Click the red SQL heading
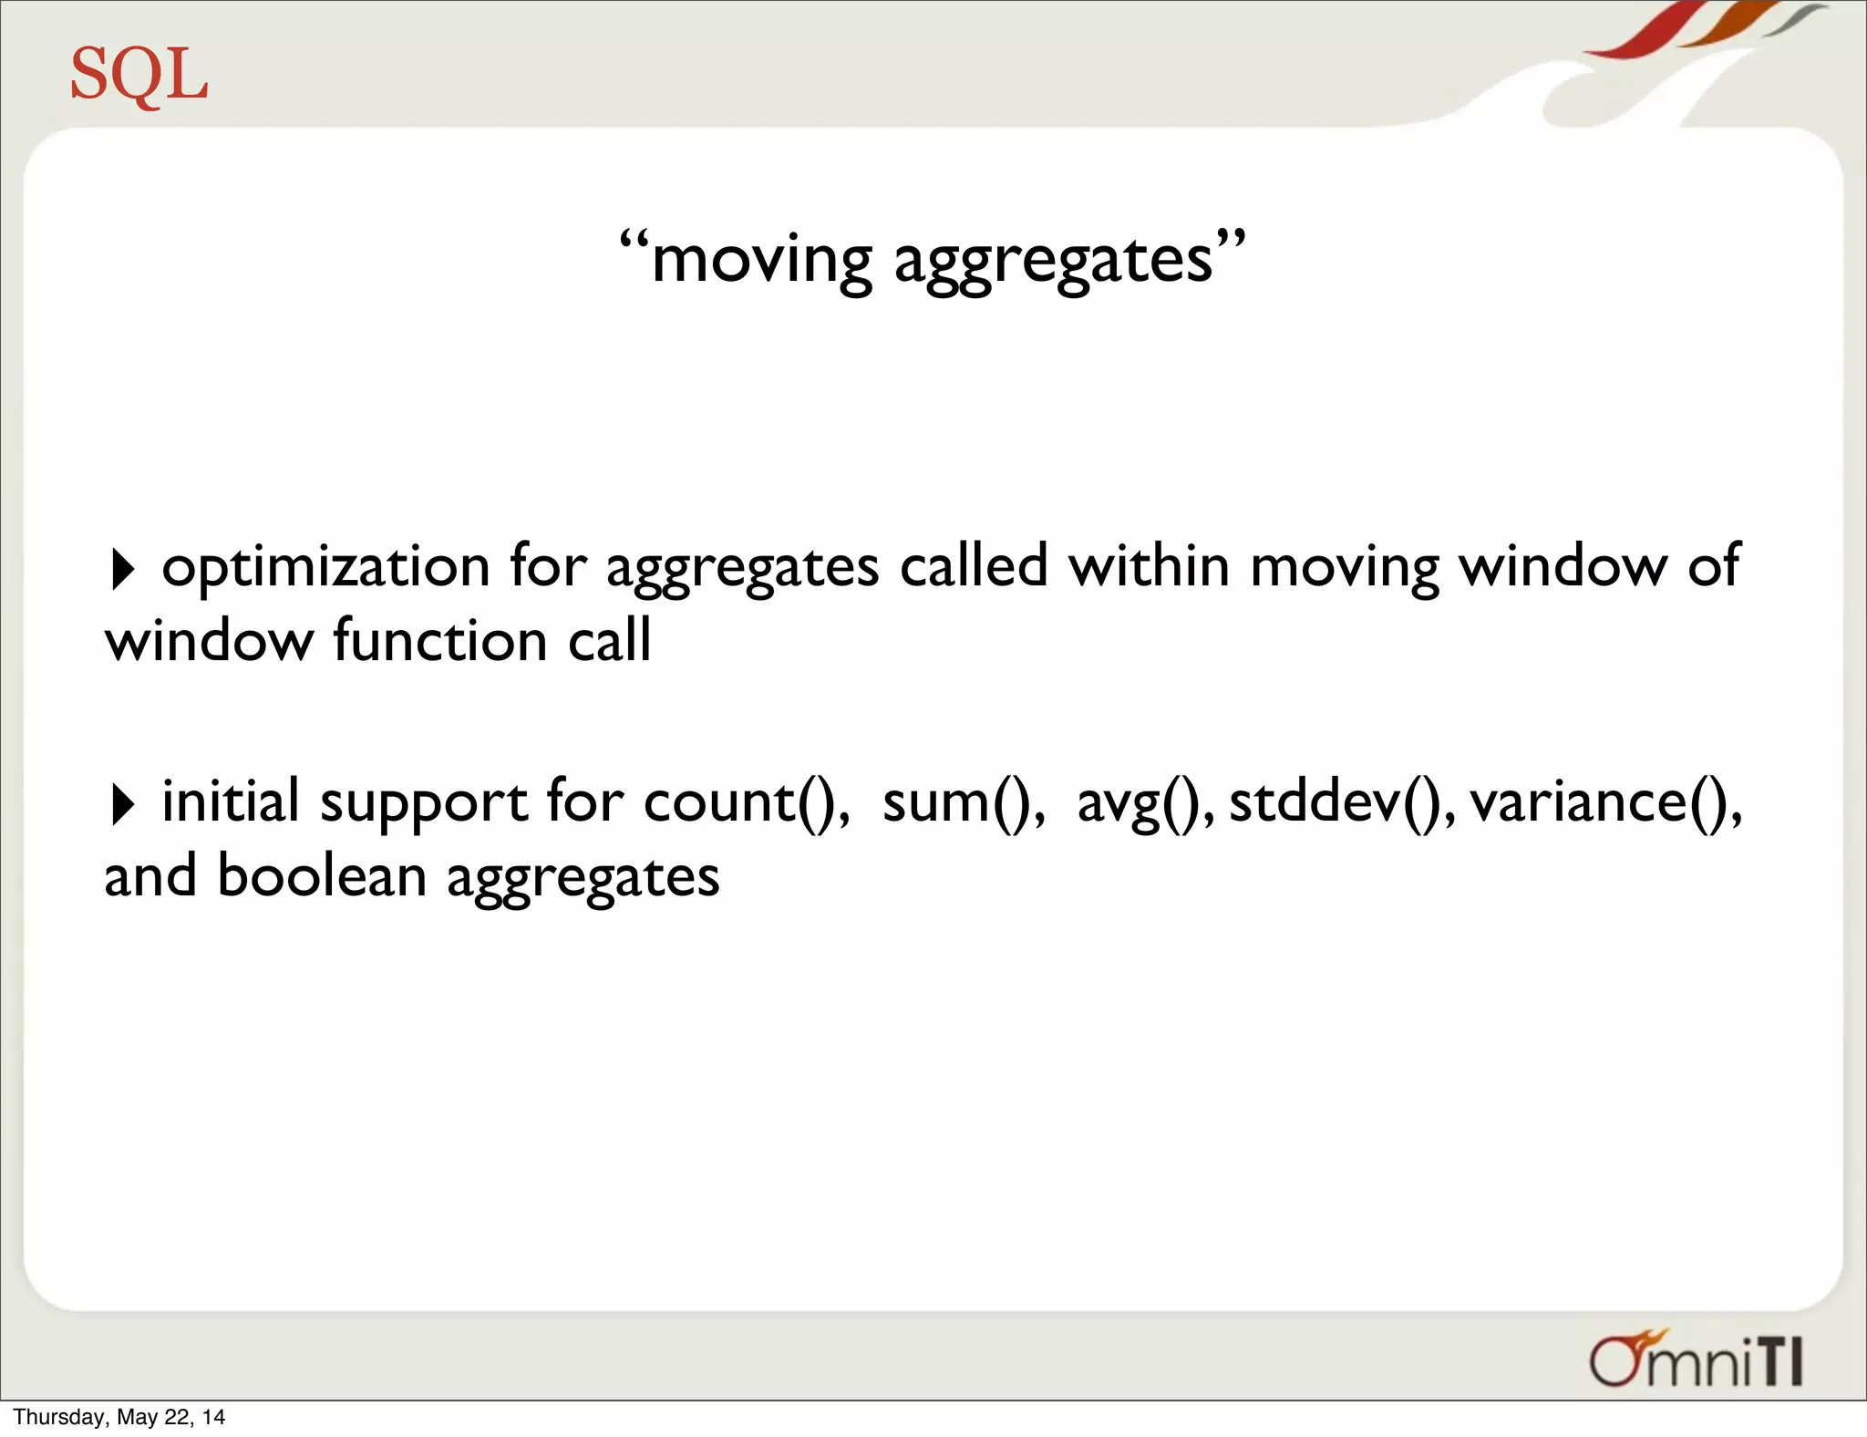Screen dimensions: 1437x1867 139,75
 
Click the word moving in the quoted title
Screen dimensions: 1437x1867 761,261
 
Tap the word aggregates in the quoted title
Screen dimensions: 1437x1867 1053,263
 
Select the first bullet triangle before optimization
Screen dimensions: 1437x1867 122,569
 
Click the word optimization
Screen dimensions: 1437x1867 325,568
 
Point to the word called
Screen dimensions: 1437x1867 973,566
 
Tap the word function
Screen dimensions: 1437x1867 439,640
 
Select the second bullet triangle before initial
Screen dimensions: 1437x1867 122,804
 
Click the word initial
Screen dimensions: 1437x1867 230,801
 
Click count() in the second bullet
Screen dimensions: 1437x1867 745,803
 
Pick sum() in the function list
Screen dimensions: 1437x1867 962,803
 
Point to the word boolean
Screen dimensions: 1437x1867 321,876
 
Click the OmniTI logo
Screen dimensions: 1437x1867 1695,1360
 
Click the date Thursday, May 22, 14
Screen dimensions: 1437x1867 119,1417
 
